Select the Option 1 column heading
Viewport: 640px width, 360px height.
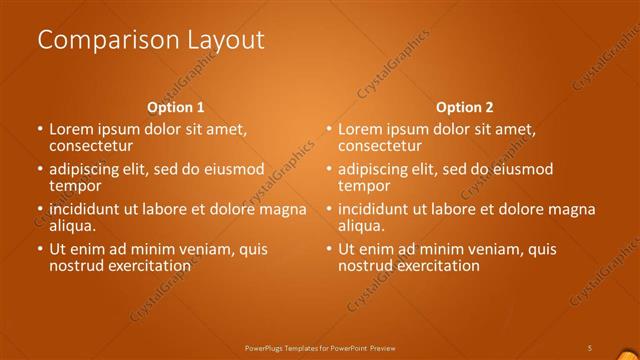175,107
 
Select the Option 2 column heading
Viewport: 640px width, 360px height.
464,107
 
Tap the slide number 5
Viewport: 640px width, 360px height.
589,347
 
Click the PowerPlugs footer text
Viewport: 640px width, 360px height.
320,347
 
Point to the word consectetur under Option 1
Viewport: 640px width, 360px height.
91,146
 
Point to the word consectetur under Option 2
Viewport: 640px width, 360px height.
380,146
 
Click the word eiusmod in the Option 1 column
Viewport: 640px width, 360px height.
234,169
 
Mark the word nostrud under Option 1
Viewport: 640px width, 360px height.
76,266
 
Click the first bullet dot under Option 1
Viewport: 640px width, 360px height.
40,130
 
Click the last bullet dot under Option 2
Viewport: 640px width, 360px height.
329,250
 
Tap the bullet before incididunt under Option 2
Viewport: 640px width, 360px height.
329,210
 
